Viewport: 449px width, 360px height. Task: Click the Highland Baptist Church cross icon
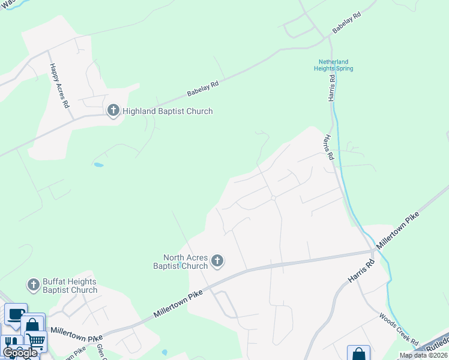point(113,110)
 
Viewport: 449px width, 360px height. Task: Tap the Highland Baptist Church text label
point(167,111)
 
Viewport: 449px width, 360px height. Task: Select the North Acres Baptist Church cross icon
point(217,260)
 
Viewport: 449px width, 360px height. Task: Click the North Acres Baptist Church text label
point(180,262)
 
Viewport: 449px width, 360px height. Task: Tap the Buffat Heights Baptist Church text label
point(70,286)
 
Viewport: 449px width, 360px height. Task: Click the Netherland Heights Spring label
point(333,65)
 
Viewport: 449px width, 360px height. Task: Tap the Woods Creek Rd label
point(399,328)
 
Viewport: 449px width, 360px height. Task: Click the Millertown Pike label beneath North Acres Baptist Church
point(180,304)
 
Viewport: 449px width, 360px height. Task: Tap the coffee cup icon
point(15,314)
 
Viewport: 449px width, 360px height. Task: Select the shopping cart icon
point(35,341)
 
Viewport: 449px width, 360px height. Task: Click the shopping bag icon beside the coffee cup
point(32,325)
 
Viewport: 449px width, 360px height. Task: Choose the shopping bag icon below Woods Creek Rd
point(358,354)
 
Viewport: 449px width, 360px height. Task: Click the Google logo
point(19,353)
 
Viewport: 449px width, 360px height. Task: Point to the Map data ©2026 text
point(423,355)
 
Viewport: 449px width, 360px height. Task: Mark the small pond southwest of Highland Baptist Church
point(98,164)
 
